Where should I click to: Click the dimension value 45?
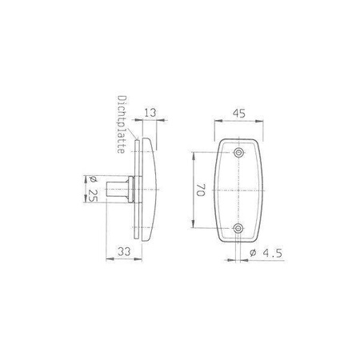tap(238, 114)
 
